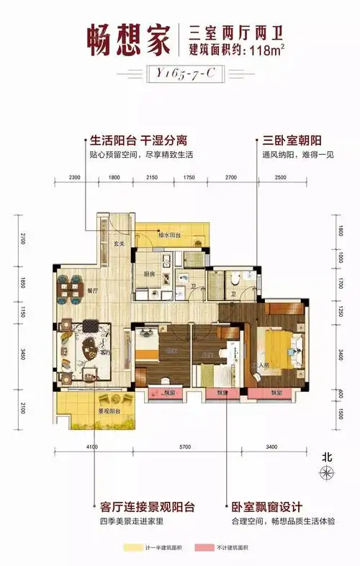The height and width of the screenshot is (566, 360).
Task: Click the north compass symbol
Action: (x=328, y=472)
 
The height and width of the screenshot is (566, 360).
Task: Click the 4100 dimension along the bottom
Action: (x=92, y=447)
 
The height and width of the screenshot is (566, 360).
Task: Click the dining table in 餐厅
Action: (x=70, y=291)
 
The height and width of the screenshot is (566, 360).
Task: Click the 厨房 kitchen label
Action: (x=149, y=274)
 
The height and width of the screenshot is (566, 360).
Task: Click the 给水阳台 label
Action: (x=169, y=235)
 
